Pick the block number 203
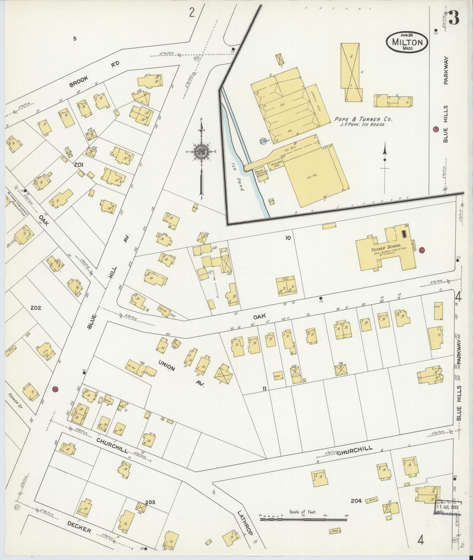pos(150,502)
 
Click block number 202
pos(36,308)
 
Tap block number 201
pos(79,165)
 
